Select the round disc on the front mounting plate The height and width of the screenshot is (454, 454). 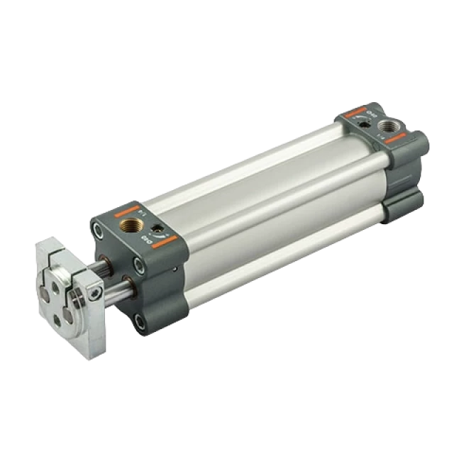coord(60,284)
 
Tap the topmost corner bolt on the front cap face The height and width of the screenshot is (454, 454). coord(99,228)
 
